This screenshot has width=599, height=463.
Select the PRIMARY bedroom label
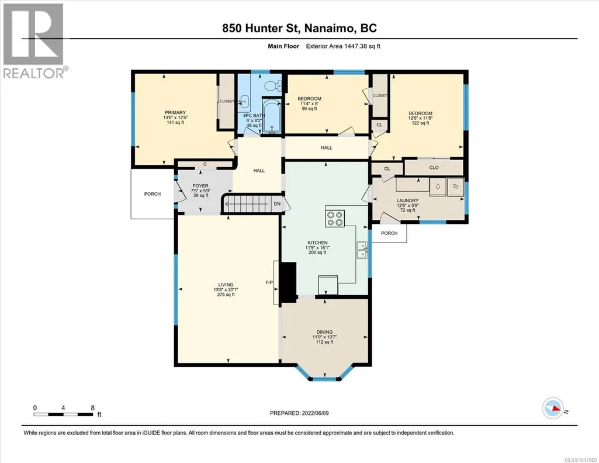(175, 112)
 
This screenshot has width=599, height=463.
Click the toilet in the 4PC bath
(273, 86)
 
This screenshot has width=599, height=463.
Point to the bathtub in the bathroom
(272, 116)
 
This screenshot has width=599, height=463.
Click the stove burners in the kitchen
(335, 219)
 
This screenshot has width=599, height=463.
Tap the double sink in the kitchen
(362, 250)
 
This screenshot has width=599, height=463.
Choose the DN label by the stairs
(277, 203)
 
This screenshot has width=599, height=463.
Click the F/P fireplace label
(269, 283)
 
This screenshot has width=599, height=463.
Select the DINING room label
(325, 332)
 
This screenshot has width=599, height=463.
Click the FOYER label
(200, 186)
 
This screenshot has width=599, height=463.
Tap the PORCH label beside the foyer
(153, 194)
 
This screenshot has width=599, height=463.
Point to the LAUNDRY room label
(407, 201)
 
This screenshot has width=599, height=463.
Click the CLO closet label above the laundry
(434, 168)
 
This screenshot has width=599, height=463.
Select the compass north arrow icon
(553, 409)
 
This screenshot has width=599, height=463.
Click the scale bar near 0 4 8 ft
(64, 414)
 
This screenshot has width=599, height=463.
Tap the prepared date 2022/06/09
(315, 413)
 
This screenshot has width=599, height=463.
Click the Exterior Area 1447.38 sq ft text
(343, 46)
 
